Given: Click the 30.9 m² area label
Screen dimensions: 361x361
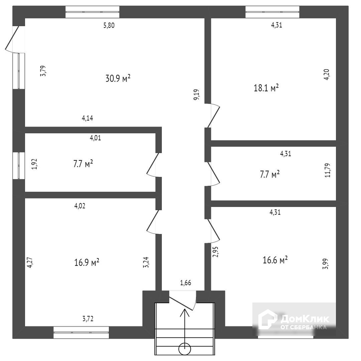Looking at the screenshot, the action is (118, 78).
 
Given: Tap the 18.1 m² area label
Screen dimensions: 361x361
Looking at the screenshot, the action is (266, 88).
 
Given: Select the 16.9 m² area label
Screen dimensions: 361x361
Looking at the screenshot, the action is (87, 262).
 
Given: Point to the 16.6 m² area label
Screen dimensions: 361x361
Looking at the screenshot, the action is (275, 260).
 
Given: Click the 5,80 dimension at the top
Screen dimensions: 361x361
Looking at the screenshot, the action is (109, 25).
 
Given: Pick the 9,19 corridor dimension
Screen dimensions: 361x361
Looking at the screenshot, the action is (197, 95).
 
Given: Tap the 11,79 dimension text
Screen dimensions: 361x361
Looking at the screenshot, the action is (327, 170).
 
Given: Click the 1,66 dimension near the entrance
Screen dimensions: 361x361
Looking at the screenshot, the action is (186, 282).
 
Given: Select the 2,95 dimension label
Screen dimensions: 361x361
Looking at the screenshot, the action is (216, 252).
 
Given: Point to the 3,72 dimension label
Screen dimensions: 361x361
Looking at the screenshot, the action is (88, 319).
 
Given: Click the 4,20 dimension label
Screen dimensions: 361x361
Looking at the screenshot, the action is (327, 74).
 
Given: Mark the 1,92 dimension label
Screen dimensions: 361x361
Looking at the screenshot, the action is (34, 164).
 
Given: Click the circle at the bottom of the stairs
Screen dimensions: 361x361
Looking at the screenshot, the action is (185, 349).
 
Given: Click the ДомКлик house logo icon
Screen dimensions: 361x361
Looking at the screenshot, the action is (267, 319).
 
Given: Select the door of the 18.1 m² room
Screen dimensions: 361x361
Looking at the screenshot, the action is (214, 116).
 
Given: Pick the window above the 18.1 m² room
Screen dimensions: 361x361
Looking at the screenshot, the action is (272, 12).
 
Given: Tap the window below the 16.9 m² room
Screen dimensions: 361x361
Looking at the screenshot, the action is (81, 333).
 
